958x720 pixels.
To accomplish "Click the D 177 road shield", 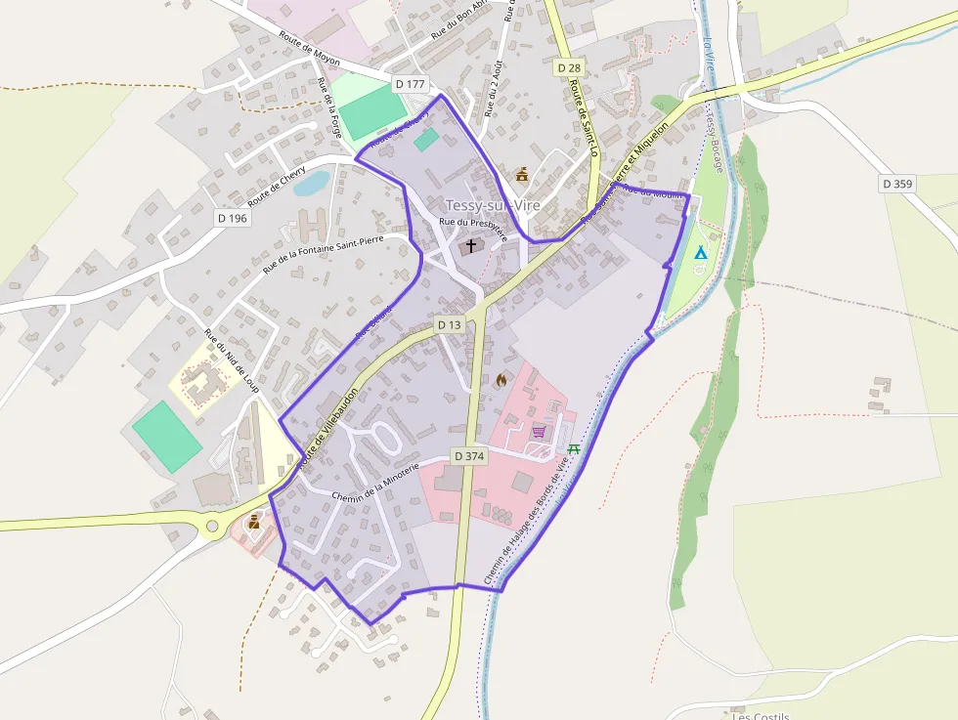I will (411, 84).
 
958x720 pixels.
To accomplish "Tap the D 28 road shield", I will (568, 67).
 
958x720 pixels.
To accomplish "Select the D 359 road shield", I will (896, 183).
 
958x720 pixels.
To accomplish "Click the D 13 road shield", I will (449, 324).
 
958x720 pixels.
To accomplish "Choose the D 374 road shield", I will (470, 456).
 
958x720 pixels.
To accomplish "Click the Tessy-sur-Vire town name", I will (492, 205).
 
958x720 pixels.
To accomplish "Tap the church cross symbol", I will (471, 245).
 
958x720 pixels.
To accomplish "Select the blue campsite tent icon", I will (700, 253).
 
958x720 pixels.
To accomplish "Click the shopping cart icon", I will (539, 431).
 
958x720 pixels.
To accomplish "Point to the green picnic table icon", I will (574, 449).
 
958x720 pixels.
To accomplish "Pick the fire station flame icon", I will (502, 380).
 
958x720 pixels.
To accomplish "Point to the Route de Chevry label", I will (277, 186).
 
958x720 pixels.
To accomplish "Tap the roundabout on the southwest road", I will (212, 528).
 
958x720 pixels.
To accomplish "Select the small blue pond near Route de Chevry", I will (311, 183).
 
